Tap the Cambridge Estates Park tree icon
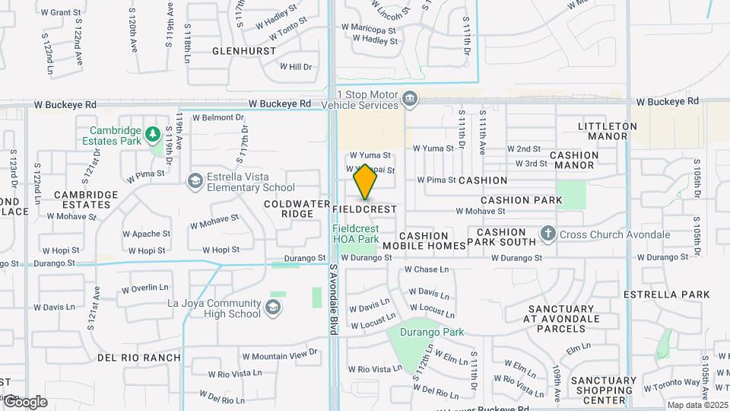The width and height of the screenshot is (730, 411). point(152,134)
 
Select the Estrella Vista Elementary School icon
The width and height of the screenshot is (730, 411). point(195,180)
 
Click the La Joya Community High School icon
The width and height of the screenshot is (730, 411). point(272,307)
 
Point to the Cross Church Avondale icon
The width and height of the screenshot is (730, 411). point(547,234)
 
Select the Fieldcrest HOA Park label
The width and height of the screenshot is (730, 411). point(355,234)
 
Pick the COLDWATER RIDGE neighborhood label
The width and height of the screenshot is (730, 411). point(288,209)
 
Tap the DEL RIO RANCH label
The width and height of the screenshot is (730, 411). point(139,357)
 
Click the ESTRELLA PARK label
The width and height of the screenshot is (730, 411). point(666,295)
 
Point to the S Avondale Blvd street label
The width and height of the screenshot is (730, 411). point(333,297)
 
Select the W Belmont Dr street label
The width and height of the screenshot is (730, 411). point(217,118)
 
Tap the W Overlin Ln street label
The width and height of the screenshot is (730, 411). point(145,288)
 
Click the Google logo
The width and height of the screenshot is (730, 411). point(24,401)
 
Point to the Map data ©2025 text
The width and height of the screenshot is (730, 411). point(697,405)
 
